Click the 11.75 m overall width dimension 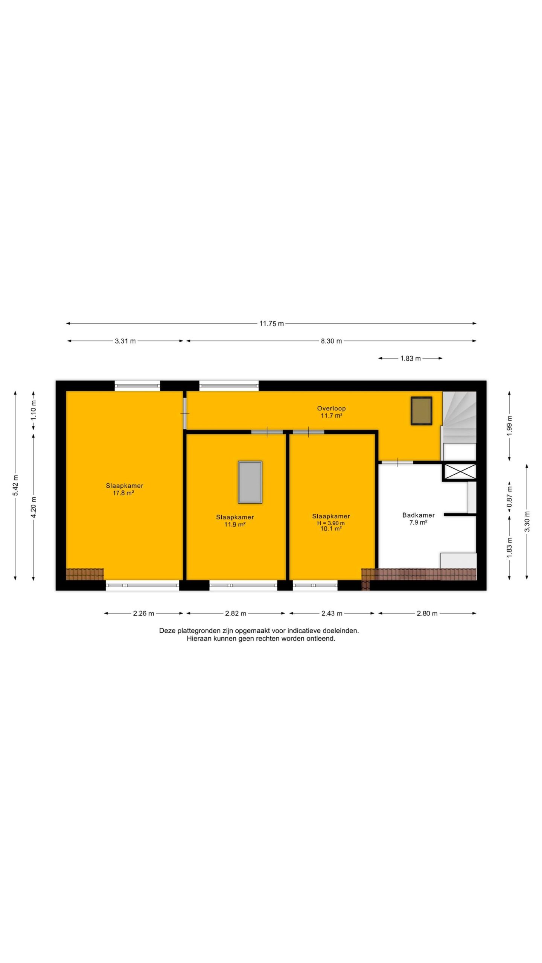(x=271, y=324)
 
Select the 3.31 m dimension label (x=125, y=341)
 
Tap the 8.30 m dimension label (x=331, y=341)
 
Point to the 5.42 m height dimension (x=16, y=485)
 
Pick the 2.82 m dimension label (x=236, y=614)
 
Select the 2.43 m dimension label (x=332, y=614)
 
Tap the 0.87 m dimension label (x=510, y=497)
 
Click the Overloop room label (x=331, y=409)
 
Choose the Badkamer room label (x=419, y=515)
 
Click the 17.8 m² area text (x=123, y=493)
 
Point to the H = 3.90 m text (x=331, y=523)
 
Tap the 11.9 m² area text (x=235, y=524)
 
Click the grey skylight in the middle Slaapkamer (x=250, y=482)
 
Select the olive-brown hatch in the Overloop (x=421, y=411)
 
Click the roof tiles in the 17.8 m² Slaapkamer (x=85, y=574)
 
